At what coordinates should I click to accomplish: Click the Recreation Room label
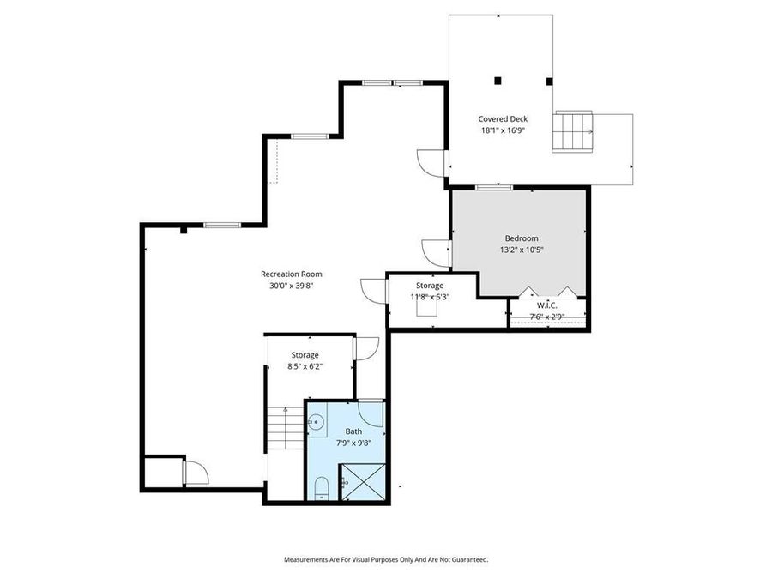coord(292,274)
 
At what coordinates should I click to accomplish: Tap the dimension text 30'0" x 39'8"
coord(292,286)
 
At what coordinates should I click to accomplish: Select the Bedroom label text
coord(521,238)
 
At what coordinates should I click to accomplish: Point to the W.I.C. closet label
coord(546,305)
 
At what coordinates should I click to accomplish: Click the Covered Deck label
coord(503,119)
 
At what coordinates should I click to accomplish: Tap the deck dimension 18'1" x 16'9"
coord(503,131)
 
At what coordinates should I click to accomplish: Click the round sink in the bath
coord(316,421)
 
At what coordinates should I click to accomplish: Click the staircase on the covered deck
coord(572,131)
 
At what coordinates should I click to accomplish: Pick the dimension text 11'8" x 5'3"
coord(430,297)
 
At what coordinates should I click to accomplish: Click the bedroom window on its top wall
coord(495,187)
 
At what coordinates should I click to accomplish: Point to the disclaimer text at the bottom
coord(386,559)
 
